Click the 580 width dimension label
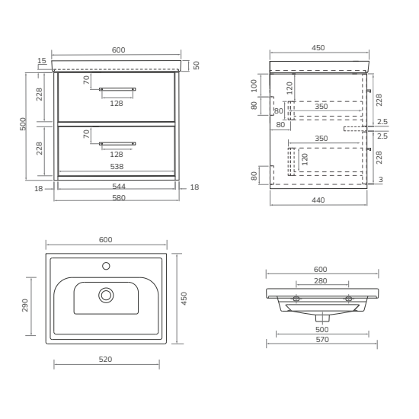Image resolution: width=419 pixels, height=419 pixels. pos(119,198)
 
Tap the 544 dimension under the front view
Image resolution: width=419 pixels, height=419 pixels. pos(119,186)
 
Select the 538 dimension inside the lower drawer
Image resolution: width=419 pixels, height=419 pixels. pos(117,167)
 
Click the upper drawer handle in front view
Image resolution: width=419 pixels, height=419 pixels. pos(117,89)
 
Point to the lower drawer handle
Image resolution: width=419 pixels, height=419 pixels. pos(117,144)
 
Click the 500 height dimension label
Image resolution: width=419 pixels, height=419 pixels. pos(23,124)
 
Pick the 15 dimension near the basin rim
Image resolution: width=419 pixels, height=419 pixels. pos(42,61)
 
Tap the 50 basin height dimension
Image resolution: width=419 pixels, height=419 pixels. pos(197,66)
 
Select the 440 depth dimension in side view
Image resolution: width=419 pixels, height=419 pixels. pos(318,200)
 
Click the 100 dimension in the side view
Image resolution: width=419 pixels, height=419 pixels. pos(254,85)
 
